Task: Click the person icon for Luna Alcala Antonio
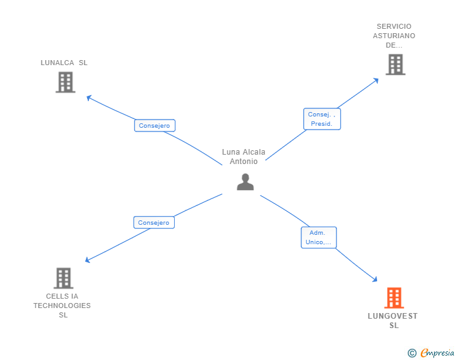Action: point(245,182)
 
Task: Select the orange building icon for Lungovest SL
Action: point(393,298)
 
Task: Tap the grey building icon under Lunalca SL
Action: point(65,82)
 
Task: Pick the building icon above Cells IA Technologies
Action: point(63,278)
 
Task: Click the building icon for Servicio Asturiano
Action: point(395,64)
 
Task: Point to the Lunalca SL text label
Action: point(64,63)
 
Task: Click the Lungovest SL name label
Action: point(393,321)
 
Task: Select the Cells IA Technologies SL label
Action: point(62,306)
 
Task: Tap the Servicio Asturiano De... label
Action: point(394,36)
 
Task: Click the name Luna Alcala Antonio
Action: point(244,157)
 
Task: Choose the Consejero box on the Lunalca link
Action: point(155,125)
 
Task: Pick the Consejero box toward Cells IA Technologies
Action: point(154,222)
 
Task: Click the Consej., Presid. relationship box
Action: point(323,119)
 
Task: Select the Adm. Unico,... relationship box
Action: point(319,237)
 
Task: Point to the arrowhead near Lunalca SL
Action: point(89,97)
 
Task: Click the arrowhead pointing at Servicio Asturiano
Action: point(376,80)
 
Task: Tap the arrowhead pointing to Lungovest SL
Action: point(375,280)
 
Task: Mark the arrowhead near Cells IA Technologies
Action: point(88,260)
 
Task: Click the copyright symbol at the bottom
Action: point(412,353)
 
